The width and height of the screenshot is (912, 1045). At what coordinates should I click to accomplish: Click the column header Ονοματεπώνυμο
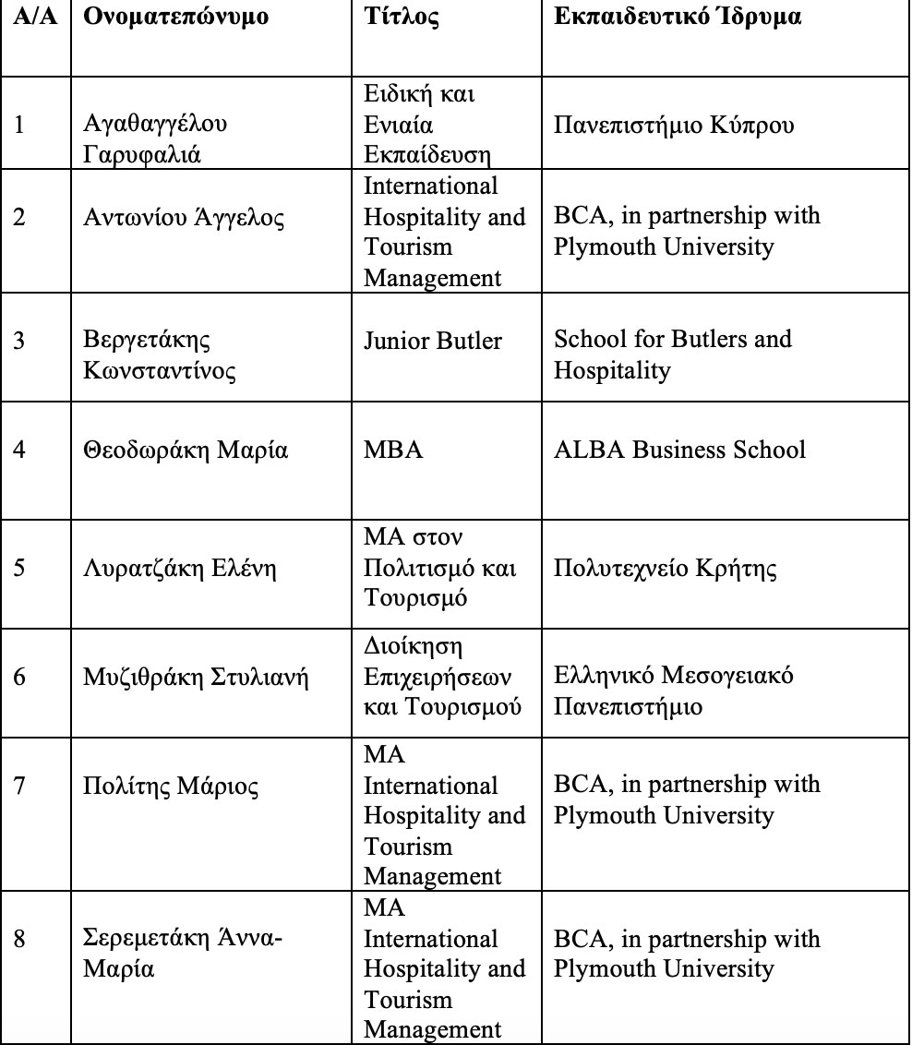176,18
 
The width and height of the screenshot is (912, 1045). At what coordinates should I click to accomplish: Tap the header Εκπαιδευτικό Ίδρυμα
677,18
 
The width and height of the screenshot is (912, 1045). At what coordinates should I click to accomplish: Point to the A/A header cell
35,18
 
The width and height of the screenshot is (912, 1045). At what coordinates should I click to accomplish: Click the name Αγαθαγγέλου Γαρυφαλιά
156,138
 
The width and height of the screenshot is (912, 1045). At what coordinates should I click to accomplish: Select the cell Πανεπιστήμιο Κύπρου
673,124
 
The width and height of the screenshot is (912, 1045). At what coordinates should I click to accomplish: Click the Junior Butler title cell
433,341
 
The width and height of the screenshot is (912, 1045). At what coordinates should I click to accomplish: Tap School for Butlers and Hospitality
673,354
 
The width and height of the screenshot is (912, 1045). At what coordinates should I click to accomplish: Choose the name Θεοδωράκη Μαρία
186,450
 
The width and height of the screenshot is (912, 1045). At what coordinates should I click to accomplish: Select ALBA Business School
679,450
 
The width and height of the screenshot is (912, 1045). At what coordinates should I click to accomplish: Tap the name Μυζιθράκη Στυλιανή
196,679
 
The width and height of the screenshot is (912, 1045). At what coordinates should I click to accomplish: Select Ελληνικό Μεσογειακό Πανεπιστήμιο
674,691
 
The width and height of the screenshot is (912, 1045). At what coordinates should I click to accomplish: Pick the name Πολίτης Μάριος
171,787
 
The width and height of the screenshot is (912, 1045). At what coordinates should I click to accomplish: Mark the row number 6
20,679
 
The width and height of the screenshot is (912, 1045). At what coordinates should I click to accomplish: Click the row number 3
20,341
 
